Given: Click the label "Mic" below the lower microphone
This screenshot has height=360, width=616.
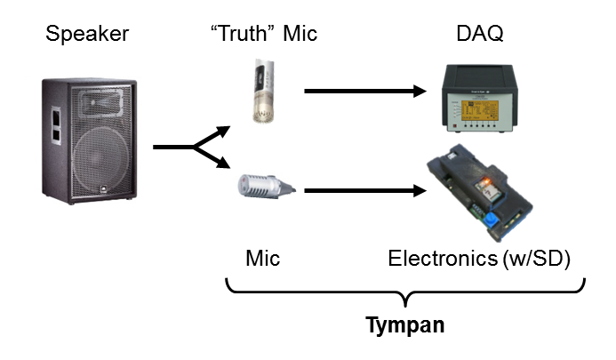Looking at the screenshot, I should pos(262,260).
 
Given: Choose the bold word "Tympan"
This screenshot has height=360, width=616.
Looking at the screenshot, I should pos(405,325).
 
